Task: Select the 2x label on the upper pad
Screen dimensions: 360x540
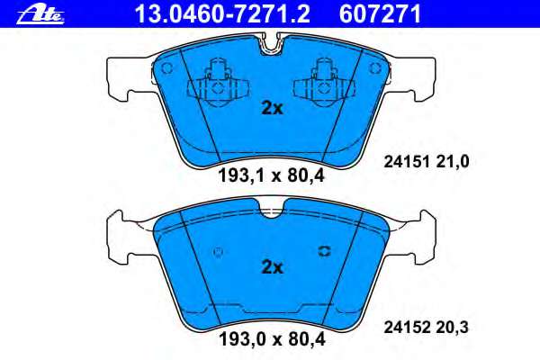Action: [271, 108]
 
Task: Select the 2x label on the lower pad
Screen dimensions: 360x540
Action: [271, 267]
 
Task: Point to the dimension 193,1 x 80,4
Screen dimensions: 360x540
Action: [271, 175]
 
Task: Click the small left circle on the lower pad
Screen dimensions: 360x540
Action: [217, 252]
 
